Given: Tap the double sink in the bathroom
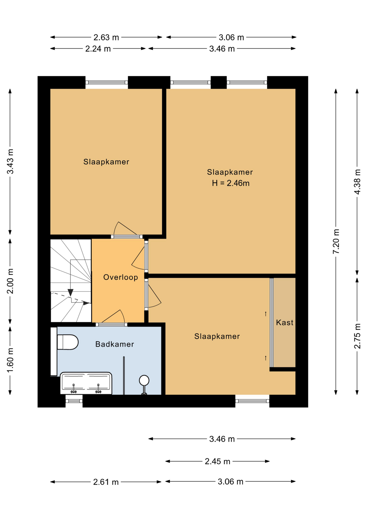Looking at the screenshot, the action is click(x=86, y=383).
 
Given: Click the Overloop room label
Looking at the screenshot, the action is click(x=121, y=277).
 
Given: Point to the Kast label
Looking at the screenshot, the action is click(x=285, y=322).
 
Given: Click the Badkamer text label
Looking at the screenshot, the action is click(x=115, y=344).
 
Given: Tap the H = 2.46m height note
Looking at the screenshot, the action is click(x=231, y=183).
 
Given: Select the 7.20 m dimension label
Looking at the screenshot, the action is click(x=336, y=241).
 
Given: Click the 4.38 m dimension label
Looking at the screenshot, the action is click(x=357, y=182).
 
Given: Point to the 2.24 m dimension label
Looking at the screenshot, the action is click(x=98, y=49).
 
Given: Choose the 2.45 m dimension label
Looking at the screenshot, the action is click(x=217, y=461).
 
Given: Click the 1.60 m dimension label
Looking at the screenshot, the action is click(x=10, y=360).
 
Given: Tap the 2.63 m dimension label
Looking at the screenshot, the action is click(x=106, y=37).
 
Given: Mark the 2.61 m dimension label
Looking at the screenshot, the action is click(x=106, y=482).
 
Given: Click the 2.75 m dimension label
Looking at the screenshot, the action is click(x=357, y=336).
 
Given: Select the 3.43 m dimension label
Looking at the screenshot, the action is click(x=10, y=161).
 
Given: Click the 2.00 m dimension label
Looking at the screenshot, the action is click(x=10, y=281).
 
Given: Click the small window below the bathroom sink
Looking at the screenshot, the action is click(x=74, y=401).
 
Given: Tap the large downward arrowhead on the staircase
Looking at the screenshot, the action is click(x=71, y=292).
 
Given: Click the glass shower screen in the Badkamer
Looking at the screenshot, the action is click(x=124, y=376).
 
